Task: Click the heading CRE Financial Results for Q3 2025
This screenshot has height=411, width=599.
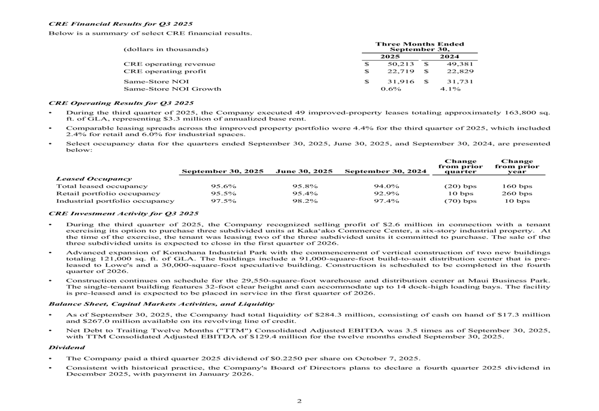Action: pos(120,24)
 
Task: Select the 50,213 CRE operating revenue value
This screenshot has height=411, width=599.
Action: pos(398,64)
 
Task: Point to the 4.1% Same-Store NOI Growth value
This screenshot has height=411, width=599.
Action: pos(450,89)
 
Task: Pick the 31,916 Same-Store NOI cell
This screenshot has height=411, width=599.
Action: pos(398,81)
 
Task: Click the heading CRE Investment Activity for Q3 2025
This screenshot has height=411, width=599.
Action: pos(123,213)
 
